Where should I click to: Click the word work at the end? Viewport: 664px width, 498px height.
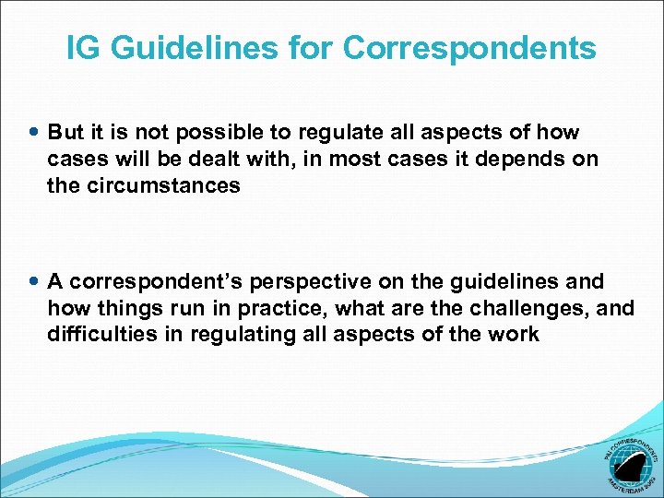click(516, 334)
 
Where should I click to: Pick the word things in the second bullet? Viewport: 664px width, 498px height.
click(122, 308)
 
